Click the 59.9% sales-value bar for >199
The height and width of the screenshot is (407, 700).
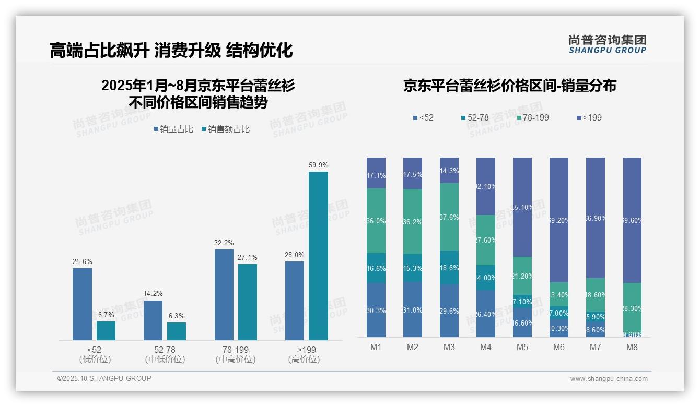318,256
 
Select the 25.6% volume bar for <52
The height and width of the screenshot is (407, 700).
82,304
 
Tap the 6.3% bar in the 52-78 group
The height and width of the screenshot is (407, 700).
177,331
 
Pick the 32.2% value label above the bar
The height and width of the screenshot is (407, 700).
224,243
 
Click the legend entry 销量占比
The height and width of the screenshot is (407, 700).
173,129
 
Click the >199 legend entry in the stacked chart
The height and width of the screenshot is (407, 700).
589,117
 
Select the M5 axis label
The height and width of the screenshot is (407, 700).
522,348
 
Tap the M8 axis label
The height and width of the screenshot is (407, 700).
632,348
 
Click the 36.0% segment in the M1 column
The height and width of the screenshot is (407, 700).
376,221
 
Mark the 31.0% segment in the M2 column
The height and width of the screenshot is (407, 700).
412,309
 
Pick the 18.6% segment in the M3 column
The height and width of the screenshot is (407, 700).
449,268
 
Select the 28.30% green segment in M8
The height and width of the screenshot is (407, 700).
632,309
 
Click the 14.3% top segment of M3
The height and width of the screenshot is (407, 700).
449,171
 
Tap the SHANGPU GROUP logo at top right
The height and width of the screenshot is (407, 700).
607,44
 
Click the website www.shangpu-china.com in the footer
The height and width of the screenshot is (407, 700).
609,379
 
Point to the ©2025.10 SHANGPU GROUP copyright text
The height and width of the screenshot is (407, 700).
104,378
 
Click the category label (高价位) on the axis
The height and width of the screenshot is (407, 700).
304,360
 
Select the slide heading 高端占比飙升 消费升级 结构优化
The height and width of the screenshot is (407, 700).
171,50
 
